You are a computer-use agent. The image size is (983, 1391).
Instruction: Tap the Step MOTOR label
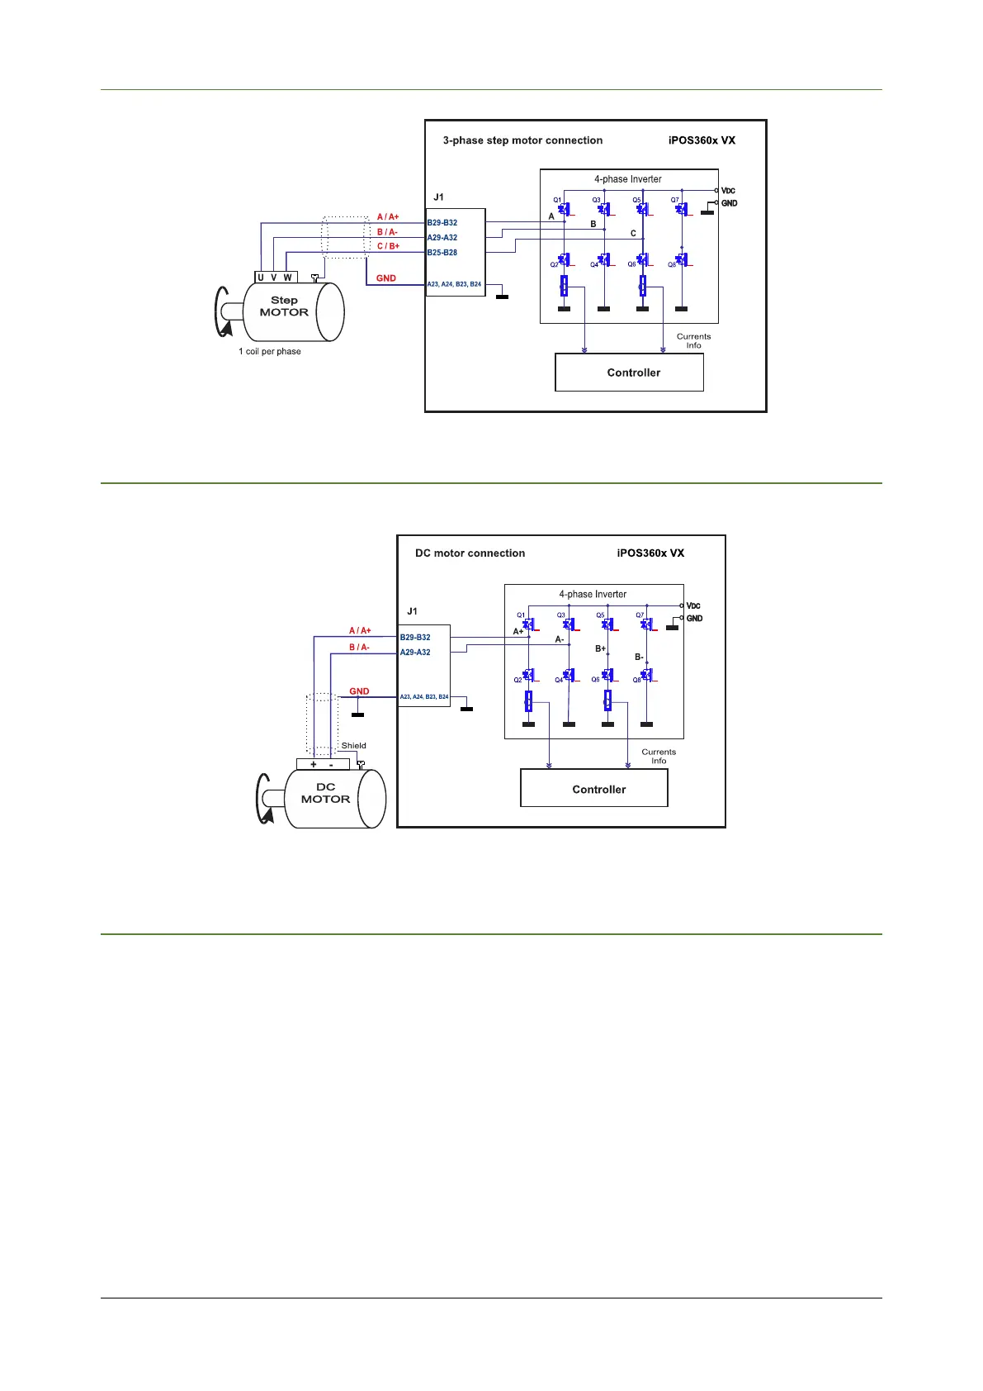284,306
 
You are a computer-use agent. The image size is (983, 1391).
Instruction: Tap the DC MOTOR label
325,793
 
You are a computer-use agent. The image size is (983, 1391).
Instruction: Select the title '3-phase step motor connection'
522,140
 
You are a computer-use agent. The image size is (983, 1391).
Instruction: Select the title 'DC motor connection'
470,553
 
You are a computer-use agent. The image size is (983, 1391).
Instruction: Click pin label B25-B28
442,253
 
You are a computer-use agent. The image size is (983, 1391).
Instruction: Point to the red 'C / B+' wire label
388,246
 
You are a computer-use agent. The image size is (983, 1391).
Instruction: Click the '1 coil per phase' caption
270,352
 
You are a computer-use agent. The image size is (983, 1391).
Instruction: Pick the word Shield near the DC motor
354,746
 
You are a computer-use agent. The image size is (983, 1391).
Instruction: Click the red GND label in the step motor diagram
386,278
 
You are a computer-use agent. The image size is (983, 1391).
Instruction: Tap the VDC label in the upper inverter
729,191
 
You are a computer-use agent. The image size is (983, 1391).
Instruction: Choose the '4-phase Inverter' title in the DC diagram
593,594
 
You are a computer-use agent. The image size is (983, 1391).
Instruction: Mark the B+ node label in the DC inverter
600,649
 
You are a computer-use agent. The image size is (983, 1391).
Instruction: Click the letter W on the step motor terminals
287,278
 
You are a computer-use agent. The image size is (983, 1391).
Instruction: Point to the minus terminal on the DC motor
331,764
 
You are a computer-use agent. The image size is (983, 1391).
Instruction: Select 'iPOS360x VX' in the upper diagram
702,140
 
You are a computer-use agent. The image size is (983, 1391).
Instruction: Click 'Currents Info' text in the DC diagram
659,757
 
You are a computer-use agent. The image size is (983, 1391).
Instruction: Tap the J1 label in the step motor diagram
438,197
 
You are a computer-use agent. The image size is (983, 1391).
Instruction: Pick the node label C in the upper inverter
634,234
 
